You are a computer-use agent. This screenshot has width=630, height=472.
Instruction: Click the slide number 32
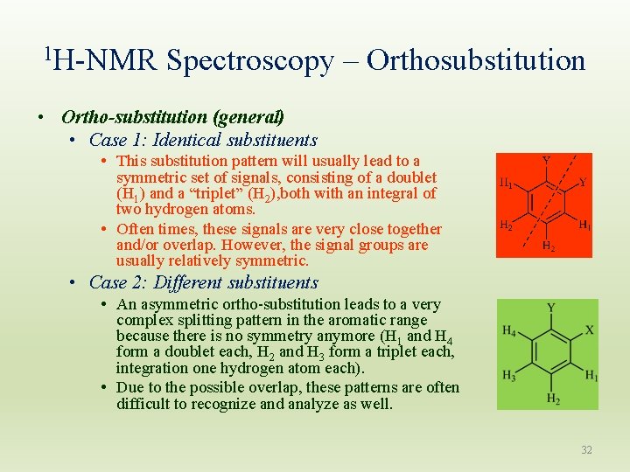586,450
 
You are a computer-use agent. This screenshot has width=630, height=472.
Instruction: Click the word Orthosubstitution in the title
476,60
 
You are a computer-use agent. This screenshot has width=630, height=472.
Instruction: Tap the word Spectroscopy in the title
249,60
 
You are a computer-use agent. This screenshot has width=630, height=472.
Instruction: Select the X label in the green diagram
589,330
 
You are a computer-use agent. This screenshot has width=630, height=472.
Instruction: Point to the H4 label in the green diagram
508,330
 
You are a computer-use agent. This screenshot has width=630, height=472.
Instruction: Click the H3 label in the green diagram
508,376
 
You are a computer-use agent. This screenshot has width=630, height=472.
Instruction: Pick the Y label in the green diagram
550,308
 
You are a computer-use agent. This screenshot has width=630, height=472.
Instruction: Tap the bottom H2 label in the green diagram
552,399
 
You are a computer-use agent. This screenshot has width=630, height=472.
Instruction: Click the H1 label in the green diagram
591,376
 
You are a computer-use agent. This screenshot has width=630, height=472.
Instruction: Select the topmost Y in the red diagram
546,161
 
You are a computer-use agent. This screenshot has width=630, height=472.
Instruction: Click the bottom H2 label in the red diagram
548,246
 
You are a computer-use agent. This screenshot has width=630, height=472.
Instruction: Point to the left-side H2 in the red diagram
506,226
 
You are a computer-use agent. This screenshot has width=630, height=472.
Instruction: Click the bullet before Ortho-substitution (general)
41,117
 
